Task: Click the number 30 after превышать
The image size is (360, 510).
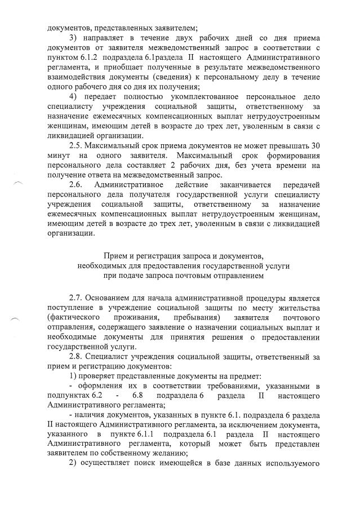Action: (x=315, y=145)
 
